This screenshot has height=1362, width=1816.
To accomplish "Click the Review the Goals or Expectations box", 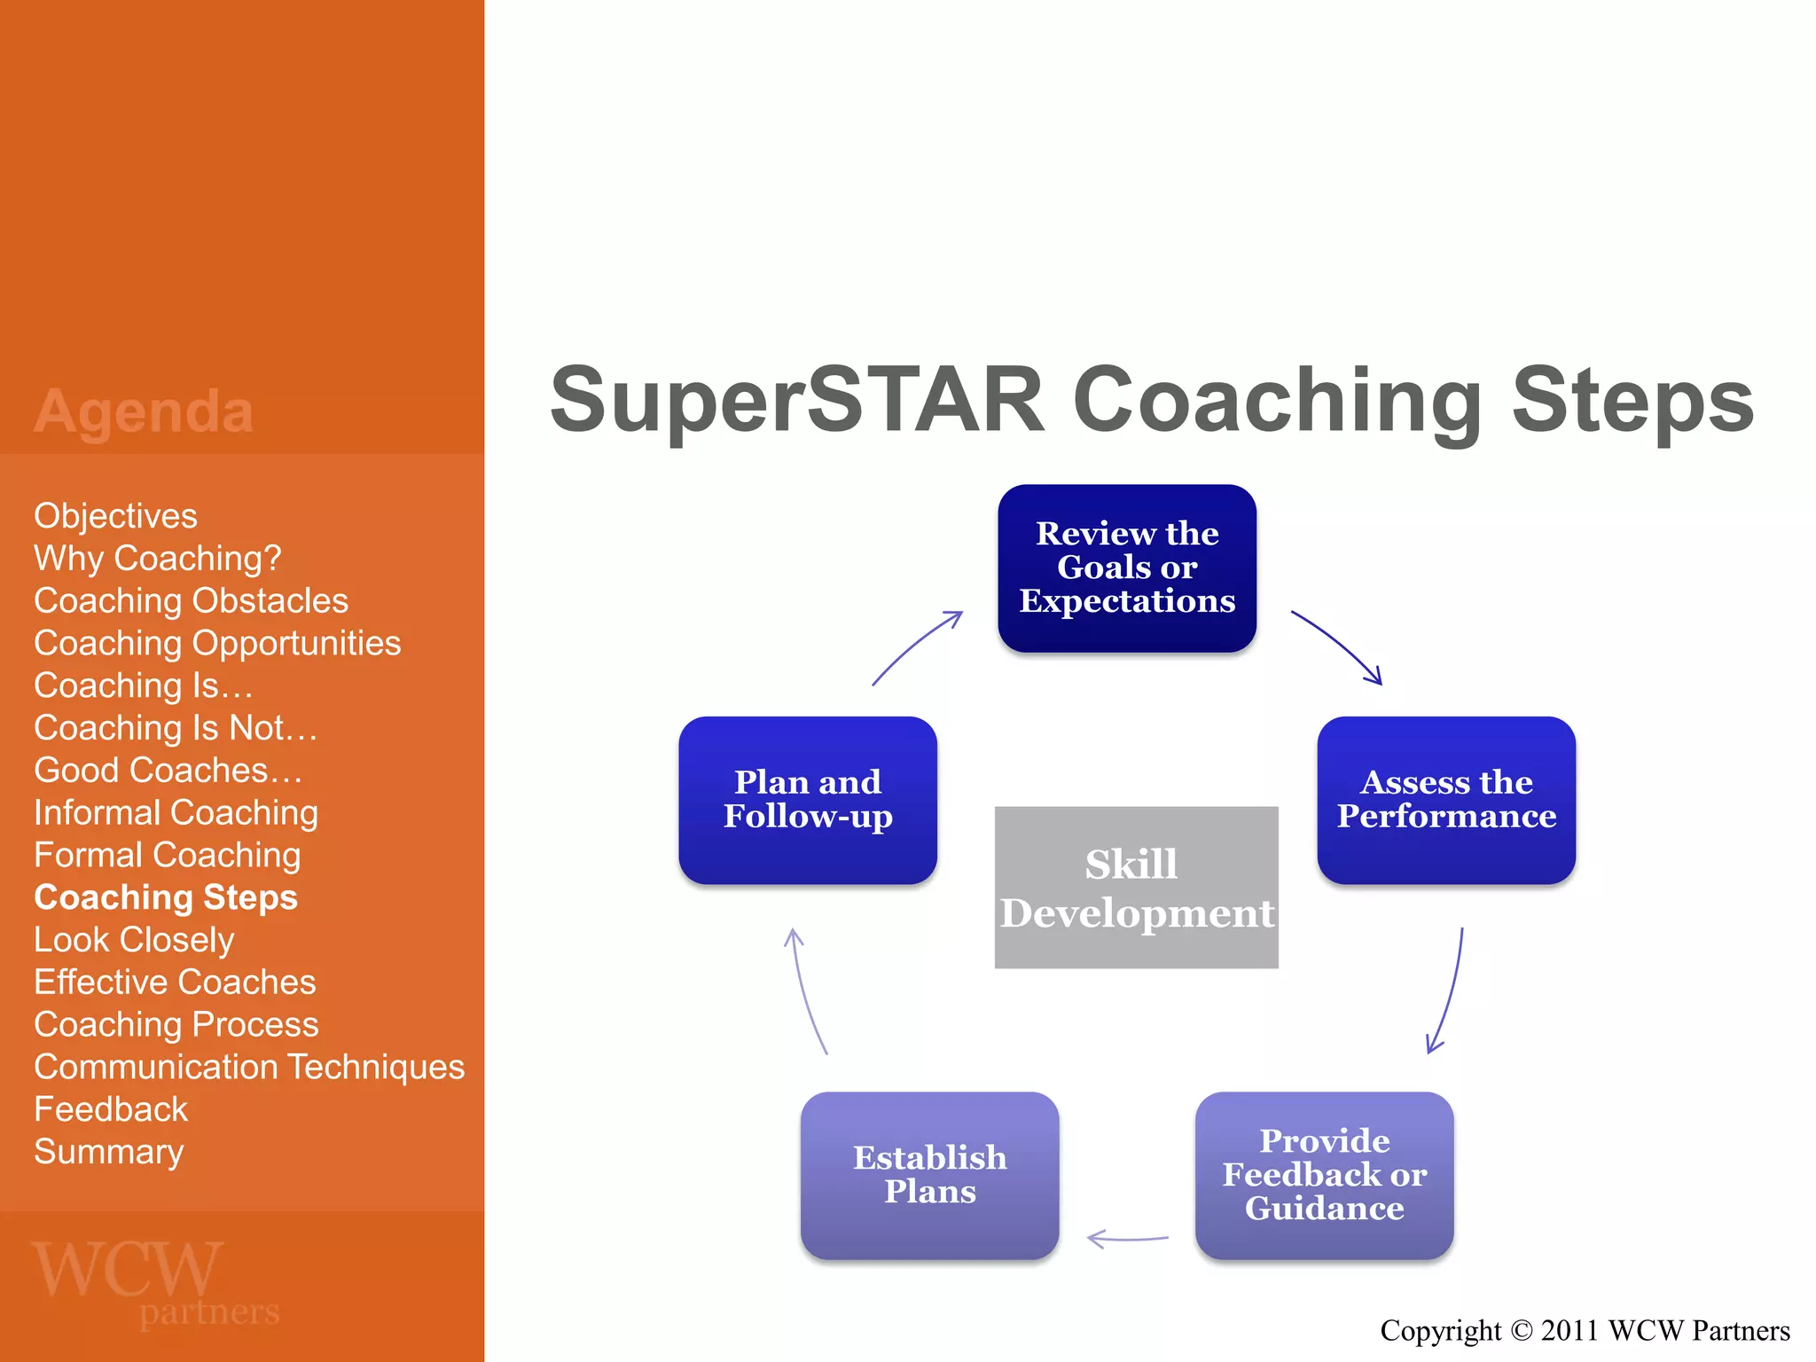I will coord(1126,567).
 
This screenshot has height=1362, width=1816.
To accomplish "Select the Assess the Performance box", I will coord(1445,799).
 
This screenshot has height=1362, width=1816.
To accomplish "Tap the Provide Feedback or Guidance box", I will coord(1324,1174).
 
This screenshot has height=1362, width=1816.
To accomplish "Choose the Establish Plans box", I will coord(929,1174).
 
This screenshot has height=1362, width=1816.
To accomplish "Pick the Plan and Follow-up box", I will coord(807,799).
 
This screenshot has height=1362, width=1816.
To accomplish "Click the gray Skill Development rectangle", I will coord(1136,887).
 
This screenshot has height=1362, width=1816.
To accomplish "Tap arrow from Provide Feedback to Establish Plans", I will coord(1128,1239).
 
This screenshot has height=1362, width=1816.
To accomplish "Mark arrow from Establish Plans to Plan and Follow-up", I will coord(804,991).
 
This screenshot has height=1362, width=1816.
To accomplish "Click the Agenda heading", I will coord(144,411).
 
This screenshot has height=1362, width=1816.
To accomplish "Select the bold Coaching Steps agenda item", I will coord(166,897).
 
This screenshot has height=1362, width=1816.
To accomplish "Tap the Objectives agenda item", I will coord(115,516).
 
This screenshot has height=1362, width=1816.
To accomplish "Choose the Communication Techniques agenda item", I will coord(249,1067).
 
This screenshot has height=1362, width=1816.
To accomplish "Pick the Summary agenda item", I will coord(108,1152).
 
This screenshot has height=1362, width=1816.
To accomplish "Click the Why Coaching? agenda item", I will coord(157,559).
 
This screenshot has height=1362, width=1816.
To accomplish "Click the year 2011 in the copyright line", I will coord(1570,1331).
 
